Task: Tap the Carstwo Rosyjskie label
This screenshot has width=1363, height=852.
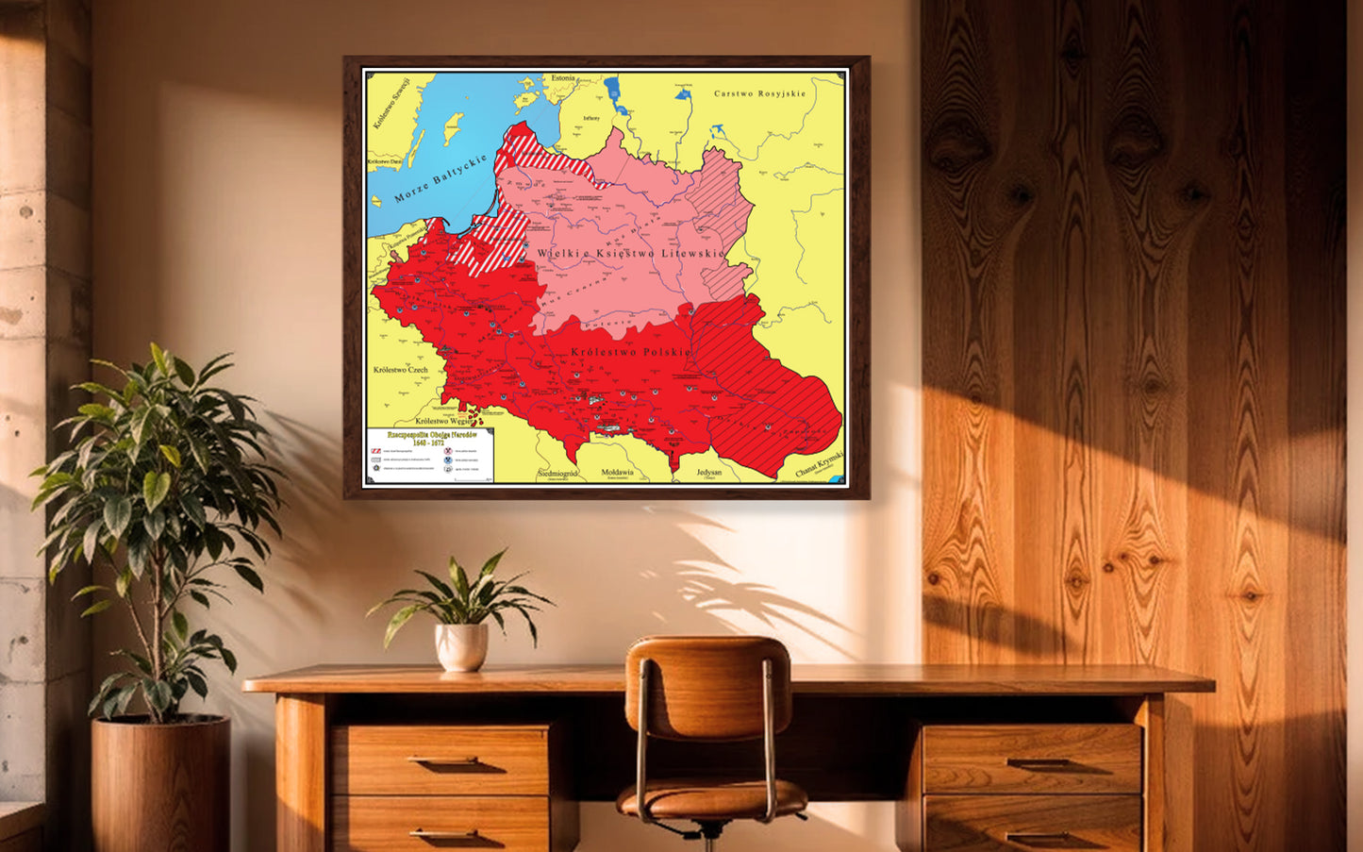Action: click(759, 93)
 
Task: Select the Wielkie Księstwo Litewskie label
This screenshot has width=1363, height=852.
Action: click(631, 253)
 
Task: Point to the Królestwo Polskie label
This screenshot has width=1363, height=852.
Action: click(630, 352)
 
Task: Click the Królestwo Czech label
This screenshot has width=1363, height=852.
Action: click(400, 370)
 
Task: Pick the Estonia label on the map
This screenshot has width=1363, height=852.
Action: click(563, 77)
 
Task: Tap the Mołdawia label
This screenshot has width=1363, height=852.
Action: click(617, 472)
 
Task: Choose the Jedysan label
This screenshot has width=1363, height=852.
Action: click(708, 472)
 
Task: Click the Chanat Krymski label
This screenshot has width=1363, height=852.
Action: click(819, 464)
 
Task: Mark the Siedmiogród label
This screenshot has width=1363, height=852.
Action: click(557, 472)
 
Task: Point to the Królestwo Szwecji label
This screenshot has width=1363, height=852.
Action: click(391, 103)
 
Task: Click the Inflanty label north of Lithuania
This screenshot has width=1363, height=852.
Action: click(590, 118)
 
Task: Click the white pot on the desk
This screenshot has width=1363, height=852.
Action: click(461, 646)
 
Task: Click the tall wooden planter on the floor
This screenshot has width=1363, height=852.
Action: click(160, 783)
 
